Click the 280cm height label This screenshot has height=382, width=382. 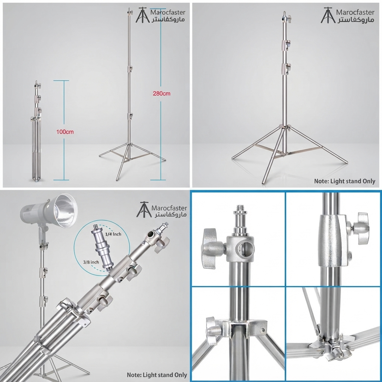click(162, 94)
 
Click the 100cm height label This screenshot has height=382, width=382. click(65, 132)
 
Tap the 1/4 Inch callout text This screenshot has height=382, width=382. click(113, 234)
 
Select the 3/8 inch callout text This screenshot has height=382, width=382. click(91, 262)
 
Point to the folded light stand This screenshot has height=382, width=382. click(37, 132)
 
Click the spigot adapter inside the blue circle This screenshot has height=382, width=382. click(102, 247)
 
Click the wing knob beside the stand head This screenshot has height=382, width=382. click(211, 248)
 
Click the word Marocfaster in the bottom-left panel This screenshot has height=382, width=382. click(169, 208)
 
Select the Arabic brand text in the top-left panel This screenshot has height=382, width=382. click(168, 19)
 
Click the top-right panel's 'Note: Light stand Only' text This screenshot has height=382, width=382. click(344, 181)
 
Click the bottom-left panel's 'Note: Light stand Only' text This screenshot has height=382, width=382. click(157, 375)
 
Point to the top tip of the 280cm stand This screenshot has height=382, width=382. click(129, 8)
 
